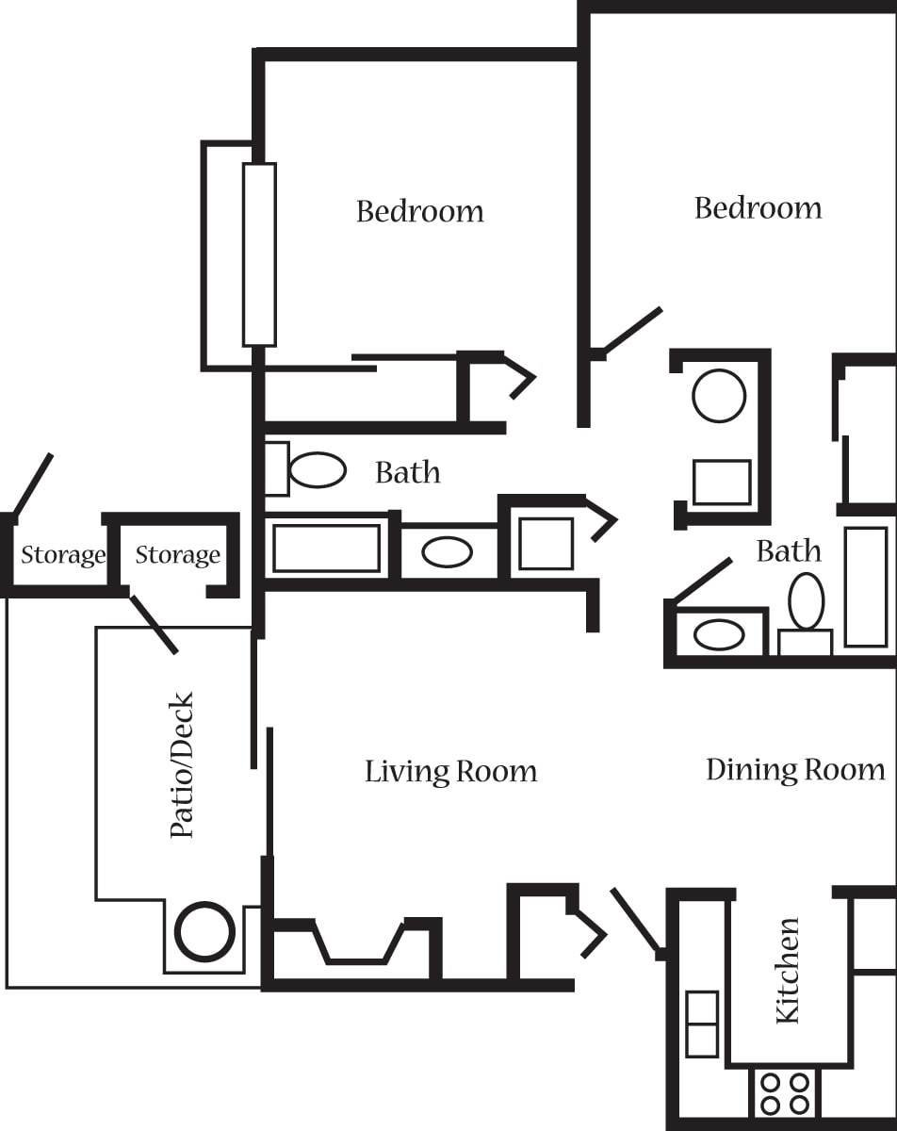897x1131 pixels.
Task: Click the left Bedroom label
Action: tap(419, 211)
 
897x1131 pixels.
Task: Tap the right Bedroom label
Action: tap(758, 208)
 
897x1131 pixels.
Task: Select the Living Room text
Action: tap(450, 772)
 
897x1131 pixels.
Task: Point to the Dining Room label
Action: tap(795, 770)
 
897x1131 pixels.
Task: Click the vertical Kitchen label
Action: tap(787, 970)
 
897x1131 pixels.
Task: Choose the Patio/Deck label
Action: tap(181, 765)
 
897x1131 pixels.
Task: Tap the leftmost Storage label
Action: tap(63, 555)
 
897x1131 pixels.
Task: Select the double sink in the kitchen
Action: tap(702, 1024)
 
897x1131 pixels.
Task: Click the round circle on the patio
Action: tap(204, 932)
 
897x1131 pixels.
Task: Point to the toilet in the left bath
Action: tap(316, 469)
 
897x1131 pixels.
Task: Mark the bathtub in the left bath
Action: tap(326, 549)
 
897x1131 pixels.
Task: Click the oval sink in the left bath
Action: tap(447, 551)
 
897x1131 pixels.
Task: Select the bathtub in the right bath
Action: tap(865, 586)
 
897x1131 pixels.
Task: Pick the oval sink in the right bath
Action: tap(719, 634)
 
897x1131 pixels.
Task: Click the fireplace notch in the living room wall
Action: tap(358, 942)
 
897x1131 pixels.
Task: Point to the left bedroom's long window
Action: tap(259, 254)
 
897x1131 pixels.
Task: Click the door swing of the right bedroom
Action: tap(631, 331)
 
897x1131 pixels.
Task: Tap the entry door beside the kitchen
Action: tap(637, 921)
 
